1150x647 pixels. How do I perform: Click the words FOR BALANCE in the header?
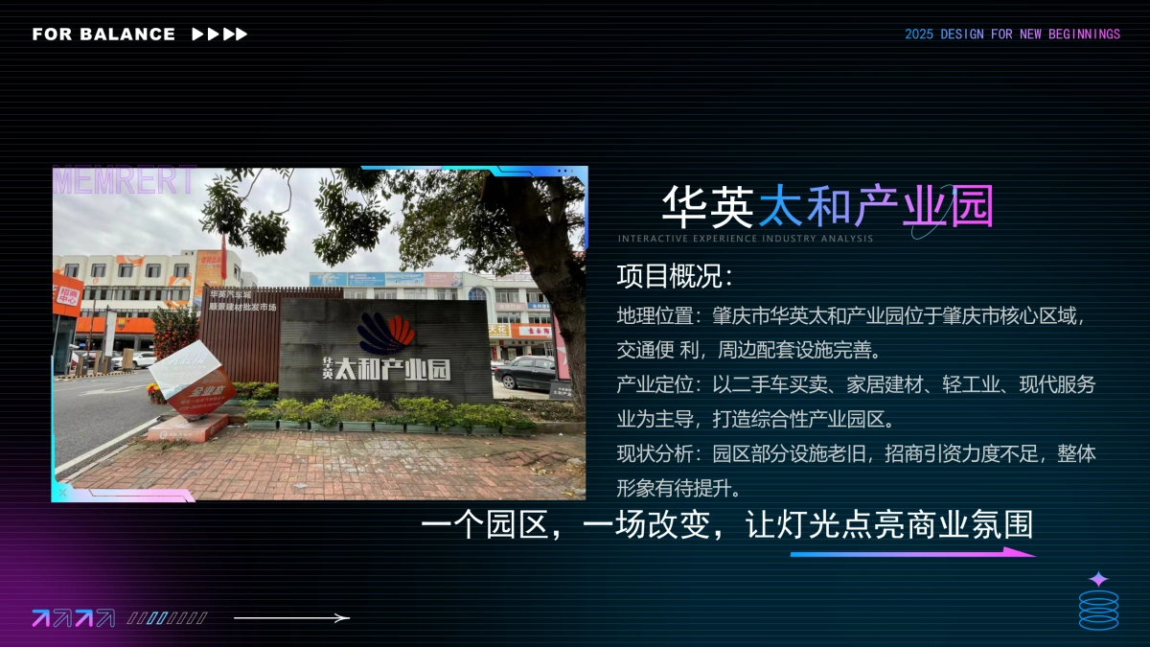(x=103, y=35)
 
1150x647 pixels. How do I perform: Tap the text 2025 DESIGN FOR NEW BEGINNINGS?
(x=1012, y=35)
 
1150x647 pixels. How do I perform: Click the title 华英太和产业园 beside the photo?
(x=828, y=206)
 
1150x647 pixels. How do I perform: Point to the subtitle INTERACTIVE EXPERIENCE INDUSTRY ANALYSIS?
(x=746, y=239)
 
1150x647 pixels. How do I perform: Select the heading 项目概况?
(x=675, y=277)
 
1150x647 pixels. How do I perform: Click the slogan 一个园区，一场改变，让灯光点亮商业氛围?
(x=727, y=525)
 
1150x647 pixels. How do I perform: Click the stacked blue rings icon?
(x=1098, y=610)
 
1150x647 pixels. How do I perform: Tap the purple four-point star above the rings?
(x=1098, y=580)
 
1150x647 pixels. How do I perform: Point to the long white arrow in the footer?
(x=292, y=618)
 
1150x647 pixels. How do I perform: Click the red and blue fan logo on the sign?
(x=386, y=334)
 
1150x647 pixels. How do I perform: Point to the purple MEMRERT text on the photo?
(x=125, y=181)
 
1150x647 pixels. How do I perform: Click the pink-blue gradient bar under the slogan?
(x=910, y=553)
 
